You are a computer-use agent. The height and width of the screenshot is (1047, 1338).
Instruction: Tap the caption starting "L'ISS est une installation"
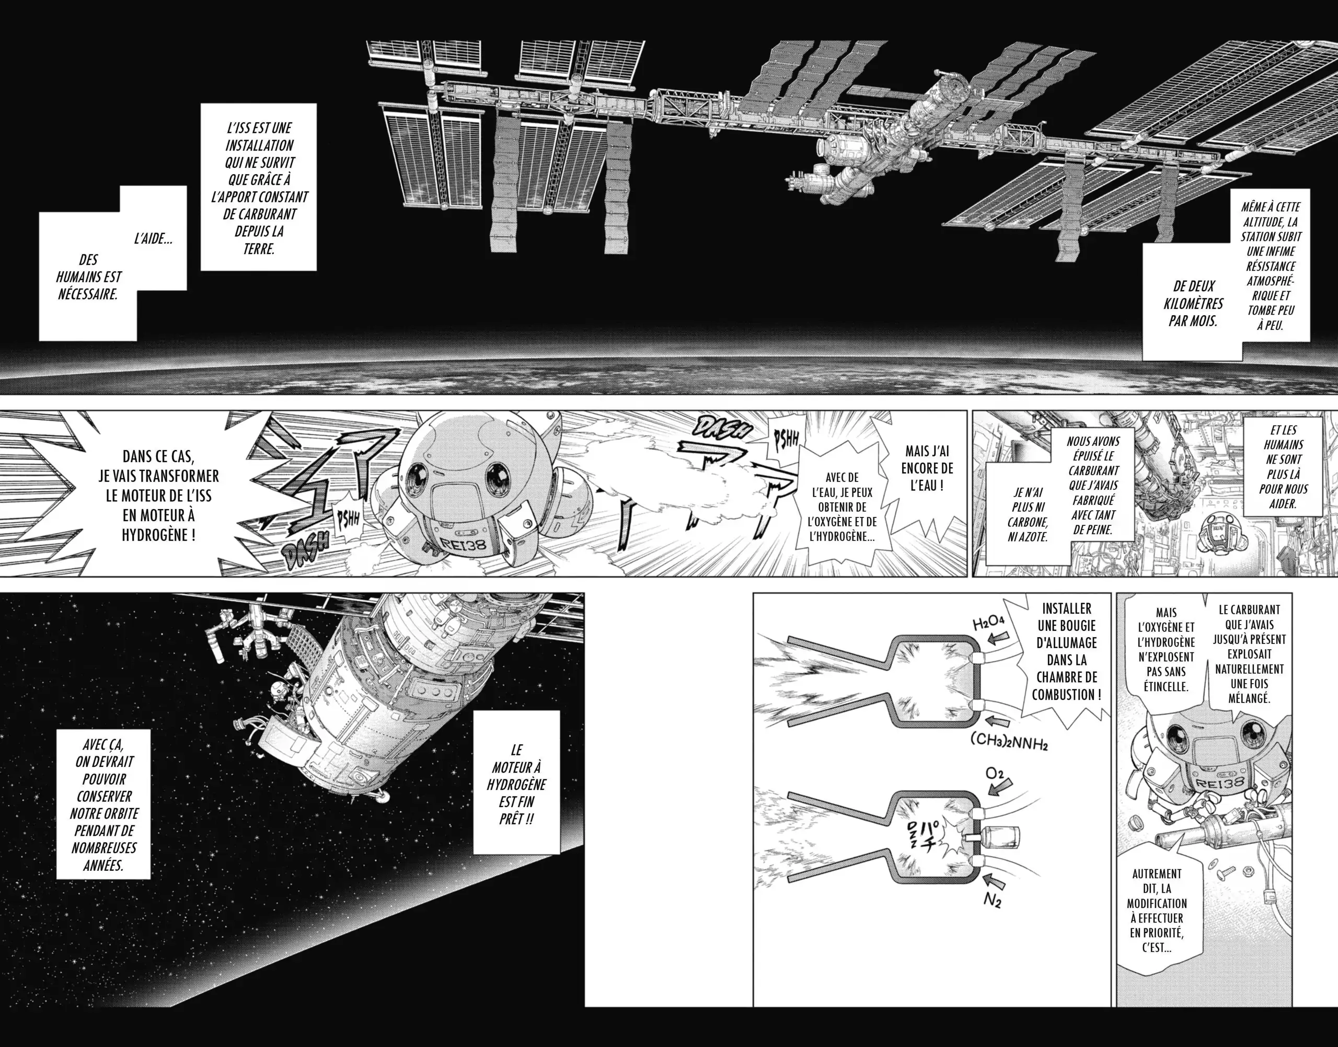[259, 187]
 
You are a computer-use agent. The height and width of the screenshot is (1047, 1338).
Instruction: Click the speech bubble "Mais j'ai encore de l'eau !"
[929, 468]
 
